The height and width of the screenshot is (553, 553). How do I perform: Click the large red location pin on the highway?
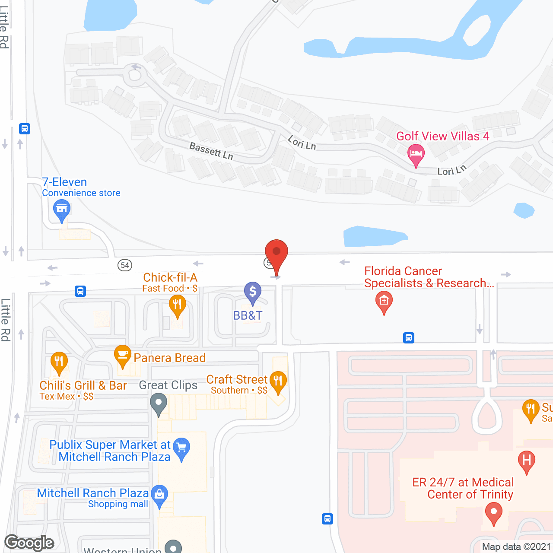point(276,253)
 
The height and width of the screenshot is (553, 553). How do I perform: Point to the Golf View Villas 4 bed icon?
point(416,154)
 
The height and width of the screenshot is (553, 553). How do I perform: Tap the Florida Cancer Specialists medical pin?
point(384,301)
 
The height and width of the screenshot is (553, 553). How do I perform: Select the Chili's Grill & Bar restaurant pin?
point(59,362)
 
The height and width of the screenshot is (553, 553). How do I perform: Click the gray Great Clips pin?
point(159,404)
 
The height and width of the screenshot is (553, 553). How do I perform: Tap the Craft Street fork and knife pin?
point(278,381)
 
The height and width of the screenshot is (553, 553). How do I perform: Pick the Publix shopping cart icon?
point(181,448)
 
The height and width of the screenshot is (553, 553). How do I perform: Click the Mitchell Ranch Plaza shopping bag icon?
point(159,495)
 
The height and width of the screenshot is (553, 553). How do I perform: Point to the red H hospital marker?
point(526,461)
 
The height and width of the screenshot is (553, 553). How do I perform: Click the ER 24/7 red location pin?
point(493,513)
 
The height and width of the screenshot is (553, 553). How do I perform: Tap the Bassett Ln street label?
point(211,151)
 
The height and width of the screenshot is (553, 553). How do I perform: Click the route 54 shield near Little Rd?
point(125,265)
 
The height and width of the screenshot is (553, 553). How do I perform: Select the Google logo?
point(29,543)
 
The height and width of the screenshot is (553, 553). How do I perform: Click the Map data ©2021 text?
point(516,547)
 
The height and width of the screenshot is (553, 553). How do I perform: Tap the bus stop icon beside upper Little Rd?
point(25,129)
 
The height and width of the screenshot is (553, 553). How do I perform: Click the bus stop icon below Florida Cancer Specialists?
point(409,337)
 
